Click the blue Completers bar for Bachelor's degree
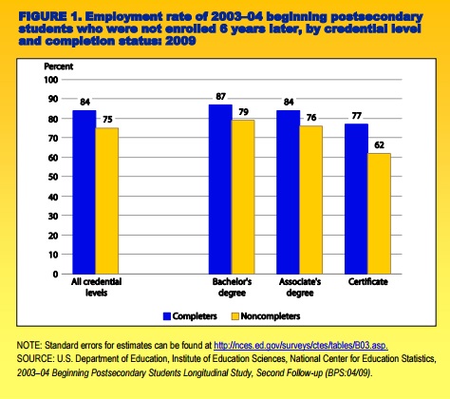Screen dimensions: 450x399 point(220,189)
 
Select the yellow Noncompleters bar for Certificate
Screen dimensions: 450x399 point(379,214)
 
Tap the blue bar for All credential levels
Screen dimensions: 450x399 point(84,192)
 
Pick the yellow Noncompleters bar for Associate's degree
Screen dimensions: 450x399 point(311,199)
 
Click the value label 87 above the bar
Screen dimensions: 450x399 point(220,96)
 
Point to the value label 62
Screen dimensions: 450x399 point(379,145)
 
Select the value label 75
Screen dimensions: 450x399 point(107,120)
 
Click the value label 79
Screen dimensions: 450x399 point(243,112)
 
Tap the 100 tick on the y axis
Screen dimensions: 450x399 point(51,80)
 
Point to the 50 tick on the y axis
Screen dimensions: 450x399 point(53,177)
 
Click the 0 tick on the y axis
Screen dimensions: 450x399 point(56,275)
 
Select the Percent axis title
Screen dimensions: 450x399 point(59,66)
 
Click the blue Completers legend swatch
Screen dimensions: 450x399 point(167,316)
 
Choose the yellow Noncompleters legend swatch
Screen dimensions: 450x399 point(235,316)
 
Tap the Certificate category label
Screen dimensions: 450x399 point(368,282)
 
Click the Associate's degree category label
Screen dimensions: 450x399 point(300,287)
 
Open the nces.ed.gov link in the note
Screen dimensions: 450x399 point(301,345)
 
